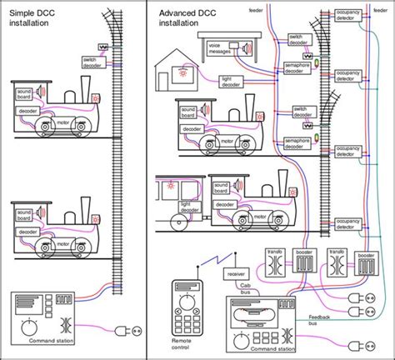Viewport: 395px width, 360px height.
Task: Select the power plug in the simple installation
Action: point(127,328)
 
